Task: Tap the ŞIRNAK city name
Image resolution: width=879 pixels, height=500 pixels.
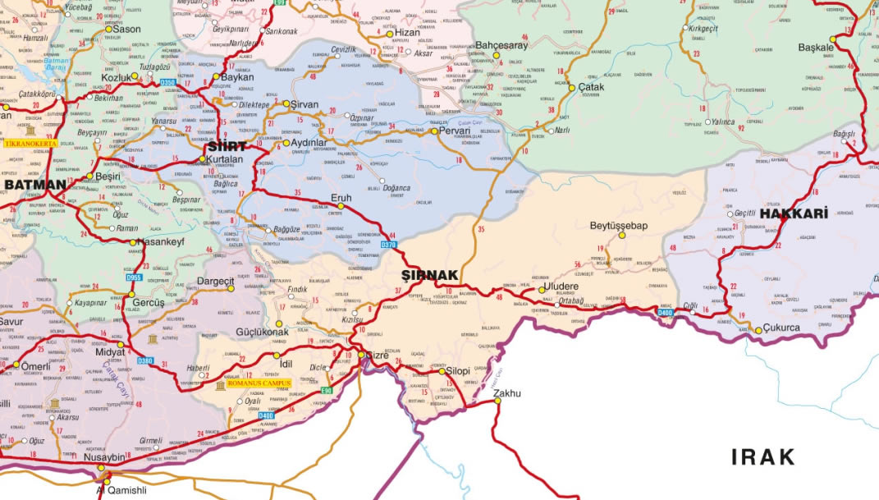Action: tap(428, 274)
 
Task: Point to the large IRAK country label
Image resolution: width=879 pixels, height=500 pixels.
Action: tap(763, 456)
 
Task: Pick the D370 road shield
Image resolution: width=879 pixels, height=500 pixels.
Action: tap(389, 245)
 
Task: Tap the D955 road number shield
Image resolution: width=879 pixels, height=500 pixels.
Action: tap(133, 278)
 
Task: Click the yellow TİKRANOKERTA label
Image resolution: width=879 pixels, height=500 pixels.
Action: tap(31, 144)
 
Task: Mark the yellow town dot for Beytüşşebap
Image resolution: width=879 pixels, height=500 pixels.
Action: tap(621, 236)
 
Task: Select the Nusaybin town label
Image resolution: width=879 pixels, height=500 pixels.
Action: tap(103, 457)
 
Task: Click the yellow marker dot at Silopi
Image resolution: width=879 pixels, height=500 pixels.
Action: tap(442, 371)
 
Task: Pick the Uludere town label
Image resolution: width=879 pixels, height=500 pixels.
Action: tap(561, 287)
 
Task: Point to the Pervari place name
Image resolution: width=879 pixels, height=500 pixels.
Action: tap(453, 131)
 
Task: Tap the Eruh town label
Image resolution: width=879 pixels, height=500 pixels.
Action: tap(340, 197)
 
